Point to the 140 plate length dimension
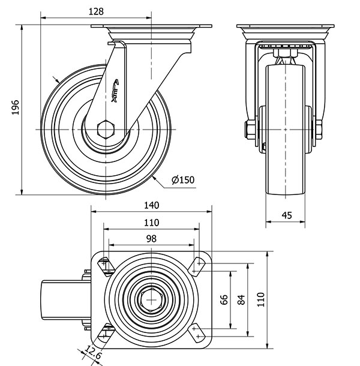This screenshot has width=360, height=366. point(151,205)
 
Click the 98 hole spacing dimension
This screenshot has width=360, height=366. point(151,239)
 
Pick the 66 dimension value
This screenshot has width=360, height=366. point(224,300)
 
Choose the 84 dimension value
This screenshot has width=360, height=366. point(241,300)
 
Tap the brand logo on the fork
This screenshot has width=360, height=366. point(116,90)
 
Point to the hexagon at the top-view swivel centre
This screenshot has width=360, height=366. point(151,299)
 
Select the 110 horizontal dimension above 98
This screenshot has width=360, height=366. point(151,222)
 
